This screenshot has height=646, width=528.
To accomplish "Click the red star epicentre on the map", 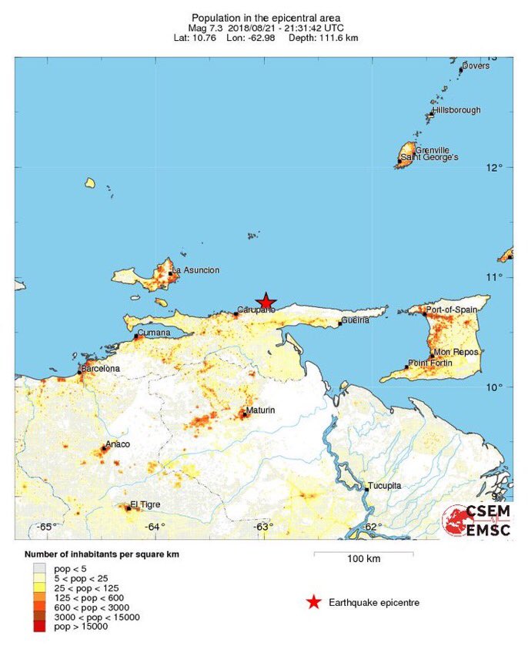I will [x=266, y=301].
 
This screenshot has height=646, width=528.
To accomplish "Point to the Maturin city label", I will [x=260, y=410].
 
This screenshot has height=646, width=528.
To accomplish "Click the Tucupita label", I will [x=386, y=485].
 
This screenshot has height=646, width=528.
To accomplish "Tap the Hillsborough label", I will [x=456, y=110].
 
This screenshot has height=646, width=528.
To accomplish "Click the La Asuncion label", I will [x=196, y=270].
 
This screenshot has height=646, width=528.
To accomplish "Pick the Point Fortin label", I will [x=432, y=363].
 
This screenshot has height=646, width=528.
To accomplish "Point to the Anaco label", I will [x=118, y=444].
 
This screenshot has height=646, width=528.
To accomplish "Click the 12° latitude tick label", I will [x=493, y=168].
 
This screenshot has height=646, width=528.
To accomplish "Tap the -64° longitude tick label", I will [x=155, y=527].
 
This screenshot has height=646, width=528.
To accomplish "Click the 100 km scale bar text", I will [x=363, y=558].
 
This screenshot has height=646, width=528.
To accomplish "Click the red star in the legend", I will [x=313, y=602].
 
